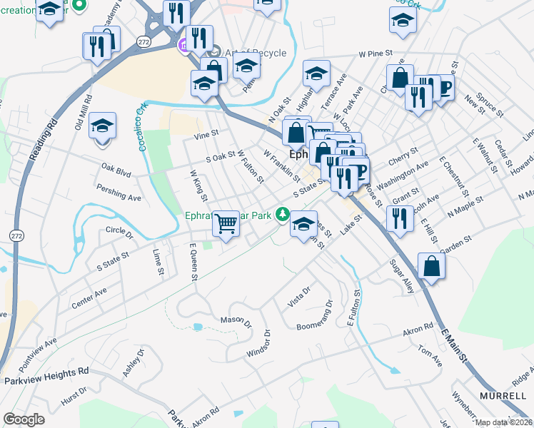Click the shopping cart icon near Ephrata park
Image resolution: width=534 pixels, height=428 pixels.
point(226,223)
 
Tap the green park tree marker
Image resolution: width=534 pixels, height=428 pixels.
point(283,213)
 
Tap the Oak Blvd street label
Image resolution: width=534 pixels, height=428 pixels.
point(116,169)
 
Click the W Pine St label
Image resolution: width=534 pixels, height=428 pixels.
point(376,53)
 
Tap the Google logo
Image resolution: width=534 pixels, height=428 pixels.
point(24,419)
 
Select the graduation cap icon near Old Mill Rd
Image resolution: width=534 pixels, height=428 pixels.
point(103,127)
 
